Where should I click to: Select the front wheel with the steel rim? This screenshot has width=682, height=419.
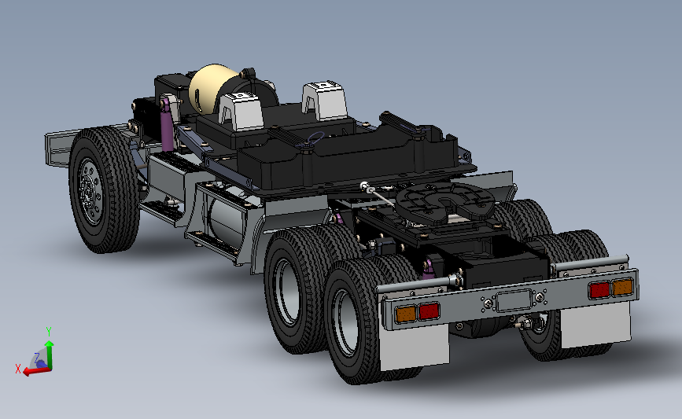tap(104, 189)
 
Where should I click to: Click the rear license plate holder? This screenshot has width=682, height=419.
tap(514, 301)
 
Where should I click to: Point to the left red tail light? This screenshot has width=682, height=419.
tap(429, 311)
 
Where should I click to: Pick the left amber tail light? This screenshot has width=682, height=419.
tap(406, 314)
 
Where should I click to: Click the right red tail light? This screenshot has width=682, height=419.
tap(599, 289)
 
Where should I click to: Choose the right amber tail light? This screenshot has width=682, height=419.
tap(622, 287)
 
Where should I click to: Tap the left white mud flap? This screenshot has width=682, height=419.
tap(414, 347)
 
